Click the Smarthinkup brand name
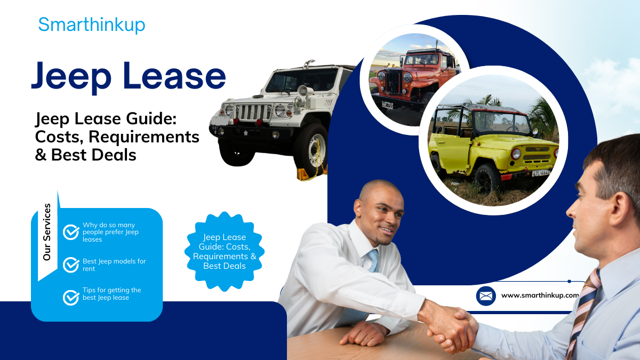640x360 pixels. (x=91, y=25)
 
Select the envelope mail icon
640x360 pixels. (x=485, y=295)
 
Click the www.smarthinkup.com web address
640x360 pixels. (x=540, y=295)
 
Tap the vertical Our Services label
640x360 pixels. (x=47, y=232)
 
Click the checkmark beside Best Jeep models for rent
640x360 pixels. (x=71, y=265)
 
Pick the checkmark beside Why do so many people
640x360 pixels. (x=71, y=232)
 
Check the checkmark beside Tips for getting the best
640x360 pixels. (x=71, y=297)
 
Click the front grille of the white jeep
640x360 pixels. (x=253, y=113)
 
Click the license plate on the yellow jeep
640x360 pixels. (x=540, y=173)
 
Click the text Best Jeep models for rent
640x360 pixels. (x=114, y=265)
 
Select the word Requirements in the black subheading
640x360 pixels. (x=144, y=137)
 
